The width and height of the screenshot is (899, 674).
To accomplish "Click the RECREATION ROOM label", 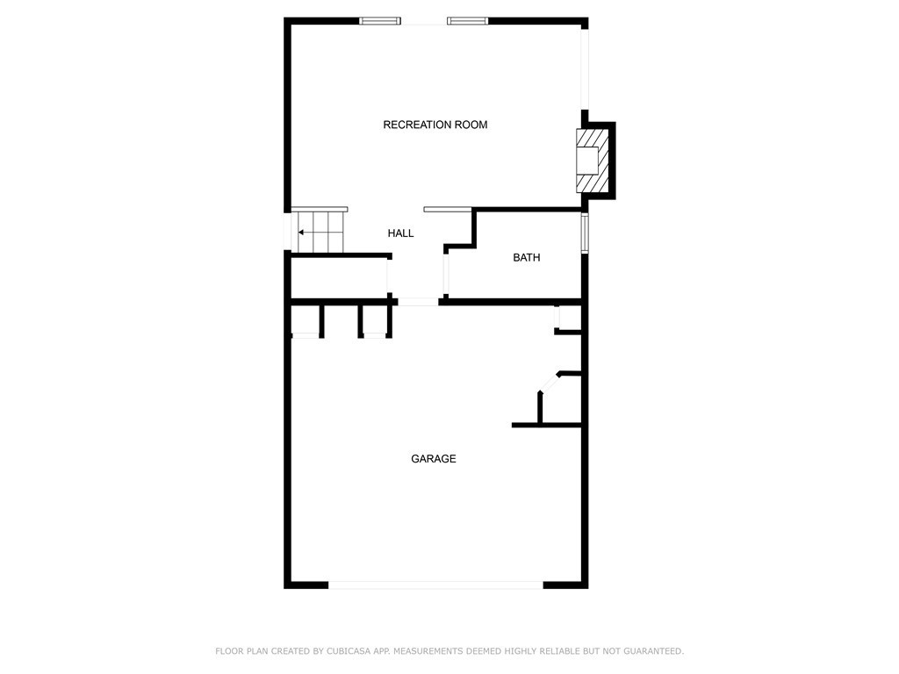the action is pyautogui.click(x=435, y=125).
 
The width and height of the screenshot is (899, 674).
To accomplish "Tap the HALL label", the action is pyautogui.click(x=400, y=233).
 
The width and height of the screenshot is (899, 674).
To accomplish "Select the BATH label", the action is pyautogui.click(x=527, y=257).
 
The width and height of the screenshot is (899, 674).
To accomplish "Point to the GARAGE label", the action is pyautogui.click(x=434, y=458).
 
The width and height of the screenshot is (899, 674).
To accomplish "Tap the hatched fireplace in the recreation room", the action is pyautogui.click(x=593, y=161).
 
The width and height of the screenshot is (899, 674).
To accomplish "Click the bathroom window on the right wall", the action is pyautogui.click(x=584, y=233).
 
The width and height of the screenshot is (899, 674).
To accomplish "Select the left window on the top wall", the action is pyautogui.click(x=379, y=21).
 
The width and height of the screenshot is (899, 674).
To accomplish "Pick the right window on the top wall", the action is pyautogui.click(x=467, y=21).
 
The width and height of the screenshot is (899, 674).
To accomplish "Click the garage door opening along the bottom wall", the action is pyautogui.click(x=435, y=585).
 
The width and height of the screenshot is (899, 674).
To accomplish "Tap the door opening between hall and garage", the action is pyautogui.click(x=419, y=302).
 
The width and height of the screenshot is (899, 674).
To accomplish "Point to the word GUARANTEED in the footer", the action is pyautogui.click(x=653, y=651).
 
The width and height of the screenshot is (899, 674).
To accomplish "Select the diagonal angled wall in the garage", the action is pyautogui.click(x=550, y=383).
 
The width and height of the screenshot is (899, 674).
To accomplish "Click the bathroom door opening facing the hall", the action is pyautogui.click(x=445, y=274).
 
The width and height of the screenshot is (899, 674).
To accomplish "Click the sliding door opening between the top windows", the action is pyautogui.click(x=424, y=22).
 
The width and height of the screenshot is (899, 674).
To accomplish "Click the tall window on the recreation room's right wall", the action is pyautogui.click(x=585, y=68).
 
